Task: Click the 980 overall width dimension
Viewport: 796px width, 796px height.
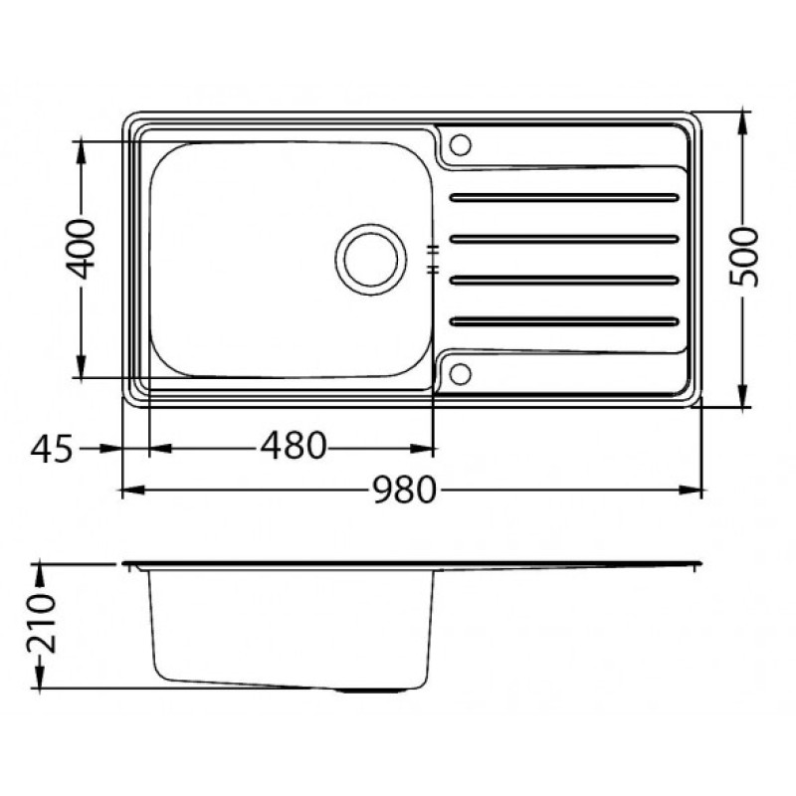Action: coord(405,490)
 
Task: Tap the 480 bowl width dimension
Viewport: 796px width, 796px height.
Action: coord(293,446)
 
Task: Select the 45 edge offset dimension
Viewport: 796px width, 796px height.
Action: coord(52,450)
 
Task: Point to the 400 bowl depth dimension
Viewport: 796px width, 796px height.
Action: coord(82,250)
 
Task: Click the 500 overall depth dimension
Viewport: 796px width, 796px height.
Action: coord(743,258)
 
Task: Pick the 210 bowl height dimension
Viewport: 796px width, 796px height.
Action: coord(41,624)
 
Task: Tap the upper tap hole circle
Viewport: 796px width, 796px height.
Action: coord(461,144)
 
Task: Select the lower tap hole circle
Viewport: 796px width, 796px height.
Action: coord(461,374)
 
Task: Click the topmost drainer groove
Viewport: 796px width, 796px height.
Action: coord(564,197)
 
